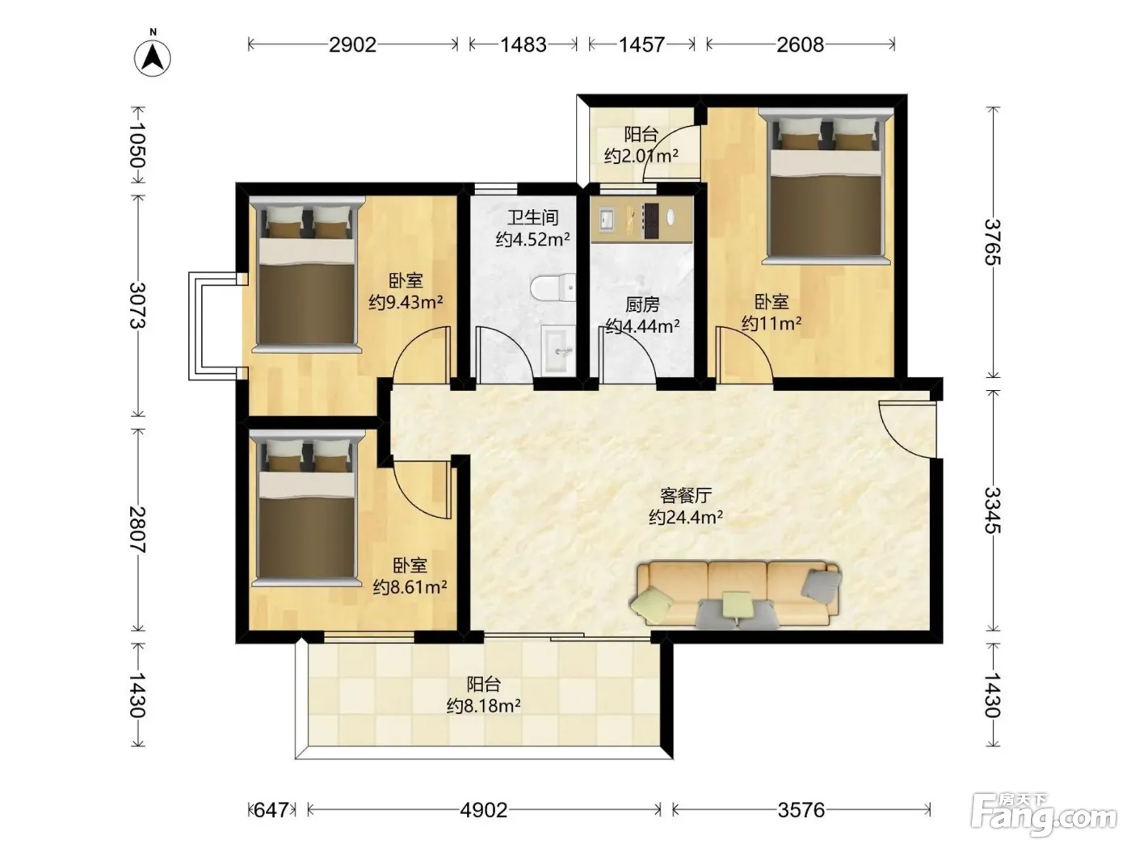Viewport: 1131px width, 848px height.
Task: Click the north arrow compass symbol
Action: (153, 58)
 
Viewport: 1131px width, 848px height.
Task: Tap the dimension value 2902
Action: (352, 44)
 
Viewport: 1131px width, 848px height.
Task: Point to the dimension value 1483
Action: (523, 44)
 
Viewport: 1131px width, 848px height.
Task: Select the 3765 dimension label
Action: (992, 242)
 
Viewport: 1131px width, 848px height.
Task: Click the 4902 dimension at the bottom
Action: (484, 810)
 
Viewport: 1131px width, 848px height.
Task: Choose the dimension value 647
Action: (271, 810)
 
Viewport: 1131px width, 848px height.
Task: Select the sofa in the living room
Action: (735, 595)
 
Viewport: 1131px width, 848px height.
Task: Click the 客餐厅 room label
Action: (686, 495)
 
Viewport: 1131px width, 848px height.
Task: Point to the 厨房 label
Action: (642, 304)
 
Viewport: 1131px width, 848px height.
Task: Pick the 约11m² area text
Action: (772, 323)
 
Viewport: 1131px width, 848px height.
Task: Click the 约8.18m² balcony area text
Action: (483, 705)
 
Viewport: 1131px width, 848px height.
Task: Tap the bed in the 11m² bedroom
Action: (826, 186)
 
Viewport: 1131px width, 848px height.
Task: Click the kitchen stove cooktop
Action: (650, 220)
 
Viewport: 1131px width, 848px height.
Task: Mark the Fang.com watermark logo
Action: (1045, 814)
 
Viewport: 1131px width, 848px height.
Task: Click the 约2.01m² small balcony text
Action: (641, 155)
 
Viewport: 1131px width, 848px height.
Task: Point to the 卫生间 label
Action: (532, 217)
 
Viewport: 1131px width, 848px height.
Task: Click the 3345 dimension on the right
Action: (992, 510)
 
